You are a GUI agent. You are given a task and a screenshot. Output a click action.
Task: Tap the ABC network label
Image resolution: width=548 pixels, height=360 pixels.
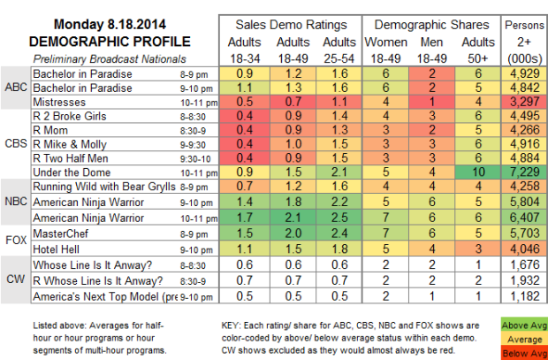15,88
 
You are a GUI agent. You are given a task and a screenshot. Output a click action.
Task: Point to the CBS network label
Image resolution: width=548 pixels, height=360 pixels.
15,142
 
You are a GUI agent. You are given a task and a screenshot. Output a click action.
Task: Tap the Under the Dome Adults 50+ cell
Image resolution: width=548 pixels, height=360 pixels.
478,169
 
